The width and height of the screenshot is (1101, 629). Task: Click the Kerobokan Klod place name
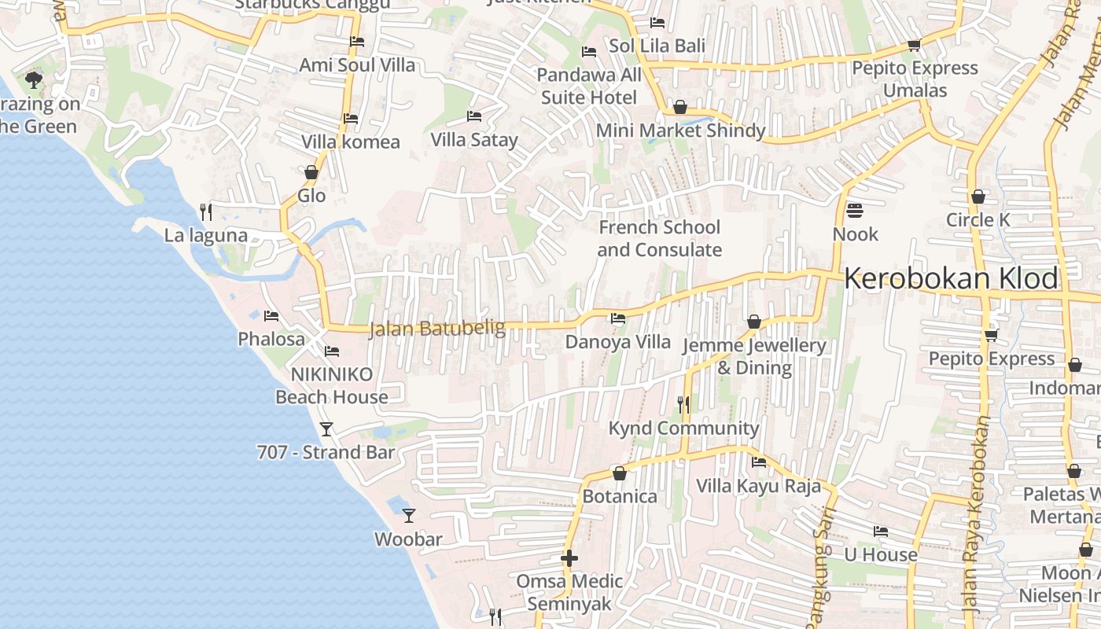[951, 279]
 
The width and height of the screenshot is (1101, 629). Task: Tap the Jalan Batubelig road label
[437, 328]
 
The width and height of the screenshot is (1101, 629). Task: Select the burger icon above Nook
[855, 211]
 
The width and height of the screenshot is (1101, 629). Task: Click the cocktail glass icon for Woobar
[408, 515]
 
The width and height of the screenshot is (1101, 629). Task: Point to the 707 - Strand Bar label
[326, 452]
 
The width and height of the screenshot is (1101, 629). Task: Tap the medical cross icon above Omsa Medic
[569, 558]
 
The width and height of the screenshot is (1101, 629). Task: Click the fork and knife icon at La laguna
[205, 212]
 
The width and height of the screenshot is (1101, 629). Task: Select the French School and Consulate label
[659, 238]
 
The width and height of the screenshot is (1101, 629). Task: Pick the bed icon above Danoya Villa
[618, 318]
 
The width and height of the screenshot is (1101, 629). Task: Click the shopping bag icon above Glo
[311, 172]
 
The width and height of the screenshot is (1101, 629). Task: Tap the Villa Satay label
[474, 140]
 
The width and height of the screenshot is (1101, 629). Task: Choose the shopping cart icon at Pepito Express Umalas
[914, 45]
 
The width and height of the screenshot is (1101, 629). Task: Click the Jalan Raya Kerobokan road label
[976, 515]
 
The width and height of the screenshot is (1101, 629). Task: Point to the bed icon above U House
[881, 532]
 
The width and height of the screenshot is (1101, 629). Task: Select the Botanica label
[620, 496]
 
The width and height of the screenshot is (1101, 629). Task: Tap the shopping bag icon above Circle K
[978, 197]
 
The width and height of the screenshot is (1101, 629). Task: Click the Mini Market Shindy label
[680, 131]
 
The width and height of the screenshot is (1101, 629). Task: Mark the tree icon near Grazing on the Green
[34, 79]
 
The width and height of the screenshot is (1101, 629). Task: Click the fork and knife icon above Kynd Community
[683, 405]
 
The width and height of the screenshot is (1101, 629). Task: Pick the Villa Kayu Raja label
[758, 486]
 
